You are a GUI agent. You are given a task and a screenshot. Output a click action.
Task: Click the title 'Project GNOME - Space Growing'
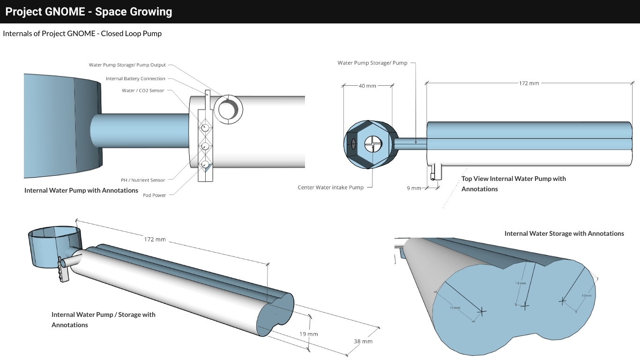(x=89, y=12)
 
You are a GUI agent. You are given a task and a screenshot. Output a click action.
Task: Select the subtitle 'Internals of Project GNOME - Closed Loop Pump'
(x=82, y=34)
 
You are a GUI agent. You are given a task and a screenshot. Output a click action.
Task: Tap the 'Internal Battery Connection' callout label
(x=135, y=79)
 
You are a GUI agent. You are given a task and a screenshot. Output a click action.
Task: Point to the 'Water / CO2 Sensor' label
(x=143, y=90)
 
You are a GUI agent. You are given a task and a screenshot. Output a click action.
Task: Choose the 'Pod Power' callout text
(x=154, y=195)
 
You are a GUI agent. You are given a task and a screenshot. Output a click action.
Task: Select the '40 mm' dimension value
(x=367, y=86)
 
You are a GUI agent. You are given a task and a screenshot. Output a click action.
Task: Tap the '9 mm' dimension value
(x=414, y=188)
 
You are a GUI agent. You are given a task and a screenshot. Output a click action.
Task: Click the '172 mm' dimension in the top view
(x=529, y=83)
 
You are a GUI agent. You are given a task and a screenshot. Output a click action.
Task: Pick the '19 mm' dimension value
(x=309, y=334)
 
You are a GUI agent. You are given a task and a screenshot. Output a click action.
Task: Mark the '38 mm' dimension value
(x=363, y=341)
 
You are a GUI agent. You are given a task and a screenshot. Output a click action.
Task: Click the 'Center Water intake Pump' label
(x=330, y=187)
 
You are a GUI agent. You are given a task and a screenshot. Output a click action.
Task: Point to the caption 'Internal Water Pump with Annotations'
(x=81, y=190)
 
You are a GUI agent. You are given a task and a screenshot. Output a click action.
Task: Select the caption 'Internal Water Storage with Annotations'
(x=564, y=233)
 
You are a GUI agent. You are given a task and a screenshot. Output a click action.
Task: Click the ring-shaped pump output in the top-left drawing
(x=228, y=108)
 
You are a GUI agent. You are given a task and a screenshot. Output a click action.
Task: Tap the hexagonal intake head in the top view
(x=368, y=143)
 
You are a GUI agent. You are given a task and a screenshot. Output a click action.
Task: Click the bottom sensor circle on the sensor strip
(x=205, y=165)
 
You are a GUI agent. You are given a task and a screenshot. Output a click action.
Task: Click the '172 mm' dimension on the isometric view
(x=155, y=240)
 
